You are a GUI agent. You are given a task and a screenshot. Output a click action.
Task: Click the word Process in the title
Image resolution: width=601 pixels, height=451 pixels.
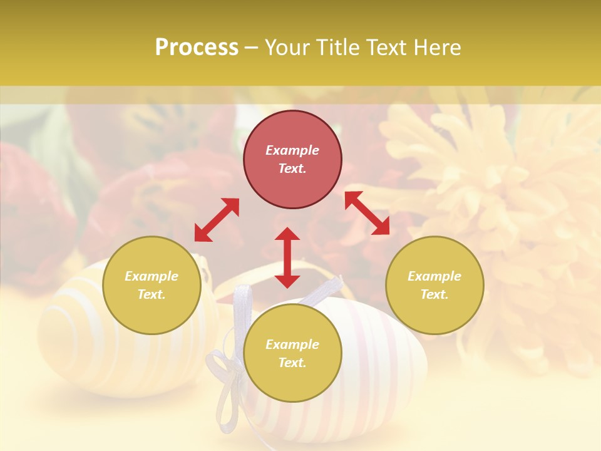click(x=197, y=48)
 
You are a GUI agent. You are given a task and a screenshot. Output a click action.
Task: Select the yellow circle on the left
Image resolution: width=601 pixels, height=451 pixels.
click(x=152, y=313)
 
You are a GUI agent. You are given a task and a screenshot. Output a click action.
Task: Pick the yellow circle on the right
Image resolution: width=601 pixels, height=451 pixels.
click(x=434, y=313)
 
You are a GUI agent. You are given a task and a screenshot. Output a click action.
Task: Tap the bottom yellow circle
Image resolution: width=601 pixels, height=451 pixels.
click(x=292, y=382)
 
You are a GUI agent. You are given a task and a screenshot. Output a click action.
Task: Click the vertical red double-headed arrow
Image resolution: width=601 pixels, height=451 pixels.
click(x=287, y=257)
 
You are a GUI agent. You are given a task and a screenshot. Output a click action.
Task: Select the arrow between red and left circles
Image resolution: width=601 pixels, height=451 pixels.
click(x=217, y=220)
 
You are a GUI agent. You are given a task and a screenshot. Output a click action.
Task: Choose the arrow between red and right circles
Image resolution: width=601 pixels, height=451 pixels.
click(x=367, y=214)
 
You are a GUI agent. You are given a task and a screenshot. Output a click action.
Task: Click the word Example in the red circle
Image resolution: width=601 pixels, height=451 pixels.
click(x=292, y=150)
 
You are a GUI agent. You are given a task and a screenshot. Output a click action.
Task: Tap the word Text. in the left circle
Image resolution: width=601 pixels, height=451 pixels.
click(x=152, y=294)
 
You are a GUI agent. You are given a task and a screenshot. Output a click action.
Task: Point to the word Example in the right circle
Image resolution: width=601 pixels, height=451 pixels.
click(x=434, y=276)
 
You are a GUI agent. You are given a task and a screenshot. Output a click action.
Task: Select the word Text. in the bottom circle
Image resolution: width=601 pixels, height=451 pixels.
click(x=292, y=363)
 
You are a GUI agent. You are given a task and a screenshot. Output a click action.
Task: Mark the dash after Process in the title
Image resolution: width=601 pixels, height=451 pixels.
click(x=251, y=48)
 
